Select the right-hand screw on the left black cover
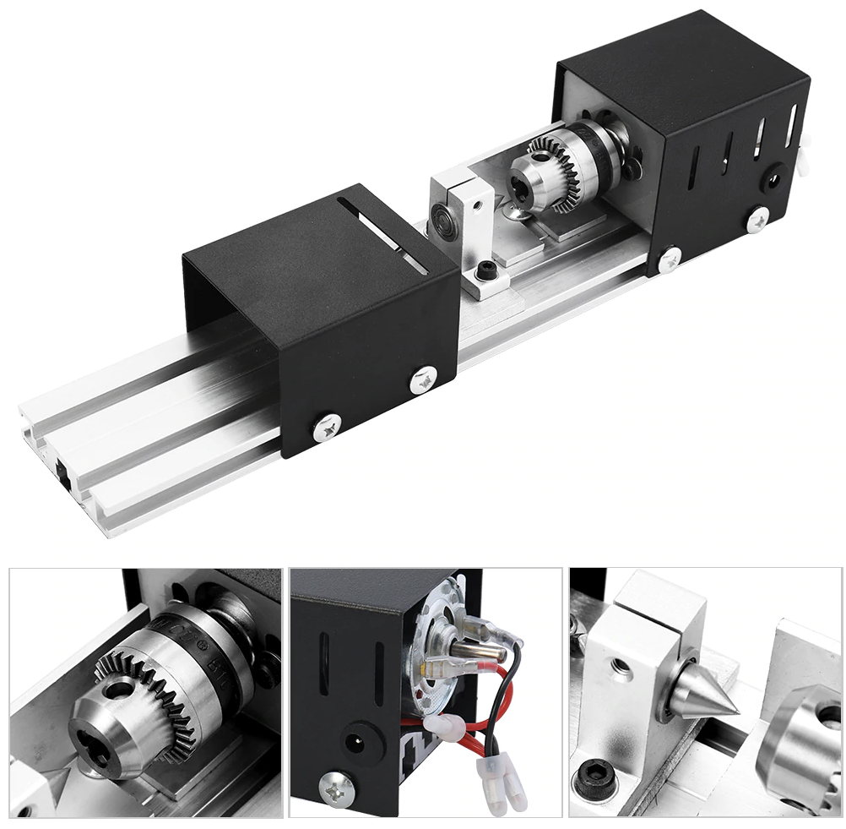coord(424,380)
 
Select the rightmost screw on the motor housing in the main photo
coord(757,219)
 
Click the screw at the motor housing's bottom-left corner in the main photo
coord(670,259)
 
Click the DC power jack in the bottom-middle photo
coord(353,744)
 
